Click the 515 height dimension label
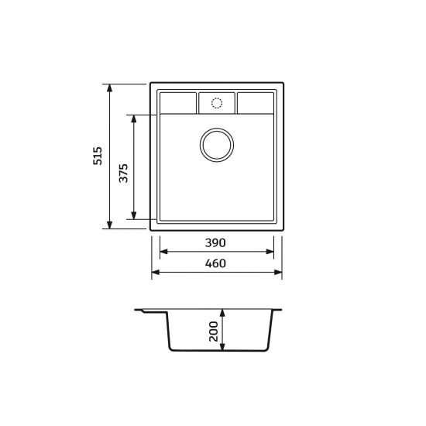click(x=98, y=156)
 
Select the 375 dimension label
click(x=124, y=173)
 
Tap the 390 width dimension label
click(x=215, y=243)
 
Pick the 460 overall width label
click(x=215, y=263)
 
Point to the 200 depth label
click(x=214, y=332)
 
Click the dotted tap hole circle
click(x=217, y=103)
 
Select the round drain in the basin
click(x=217, y=145)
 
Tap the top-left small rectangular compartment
click(x=178, y=103)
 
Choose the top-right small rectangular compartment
click(x=256, y=103)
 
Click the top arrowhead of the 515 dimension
click(x=109, y=88)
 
